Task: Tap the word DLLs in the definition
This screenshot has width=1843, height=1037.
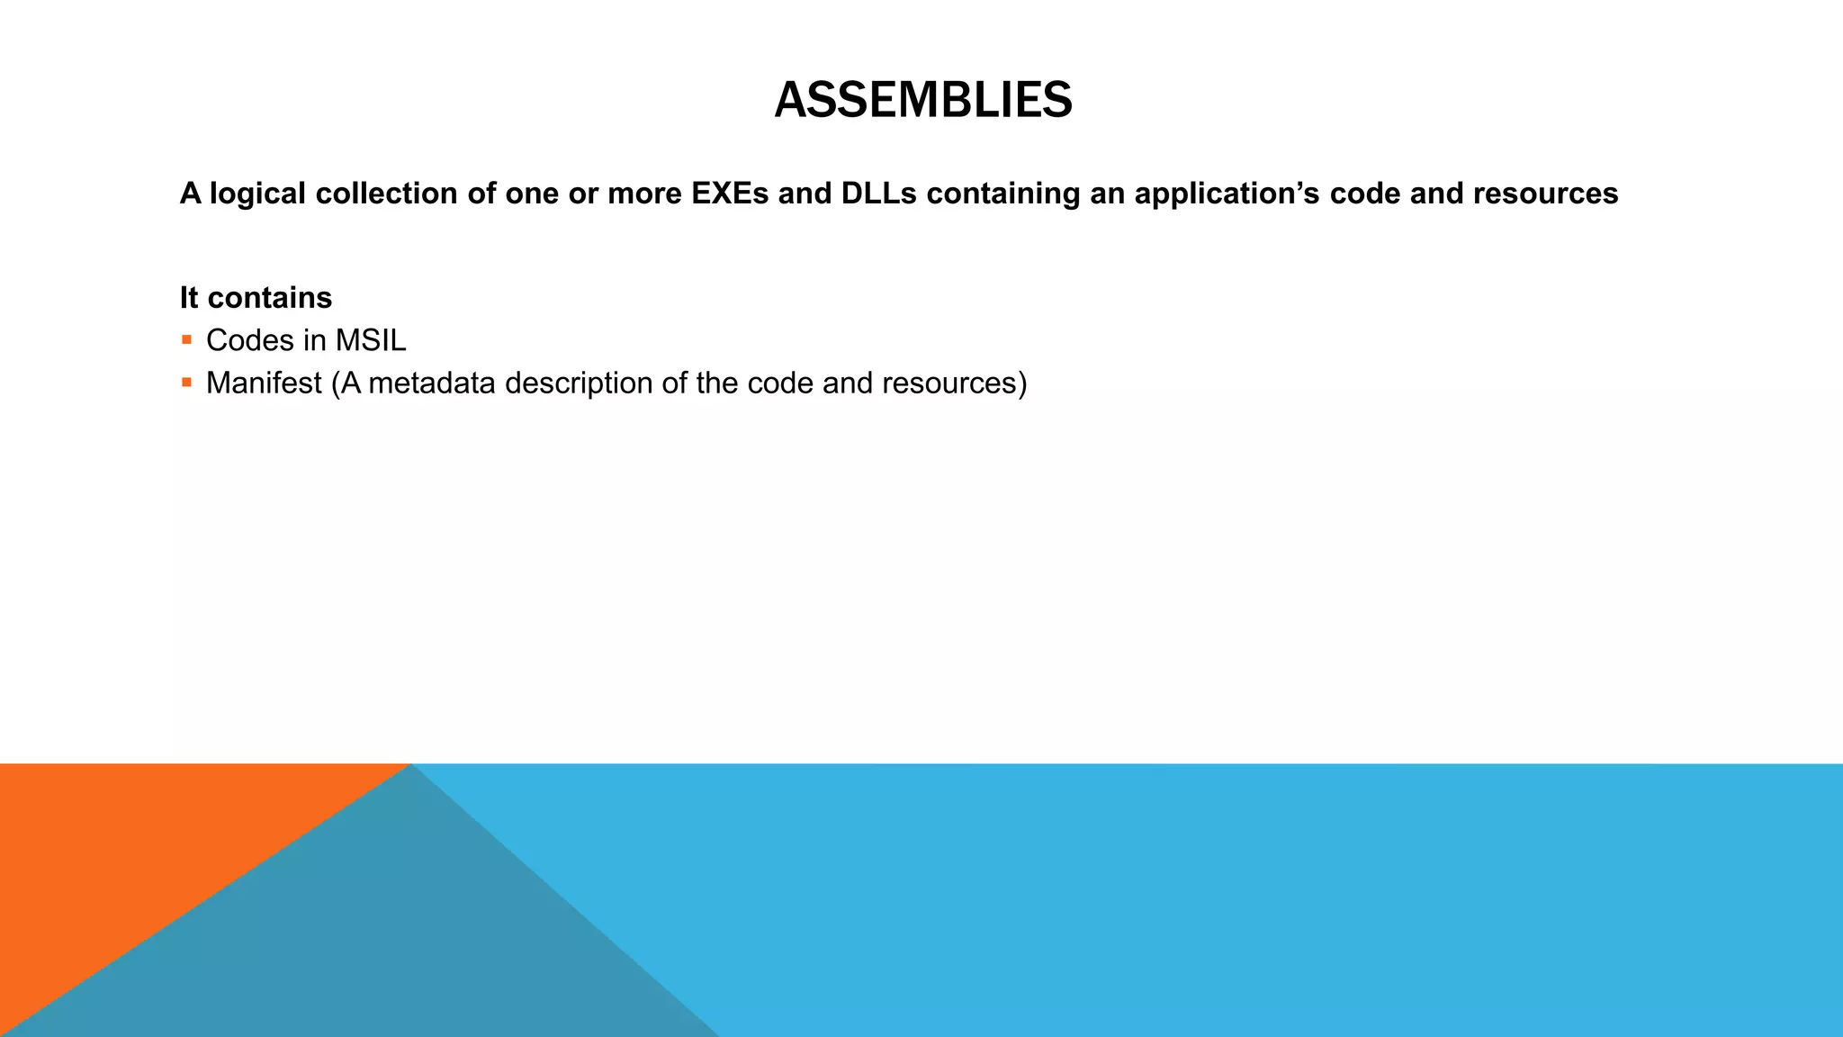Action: [878, 194]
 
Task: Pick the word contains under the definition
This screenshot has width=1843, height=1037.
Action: [269, 298]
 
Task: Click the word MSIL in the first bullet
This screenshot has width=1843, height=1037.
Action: [370, 340]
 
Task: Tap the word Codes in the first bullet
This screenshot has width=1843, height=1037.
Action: [250, 340]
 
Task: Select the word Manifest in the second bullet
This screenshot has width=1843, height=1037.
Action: [264, 383]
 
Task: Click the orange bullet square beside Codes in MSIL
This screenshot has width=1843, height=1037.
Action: [187, 340]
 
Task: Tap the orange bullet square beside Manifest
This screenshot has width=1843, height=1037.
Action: [187, 383]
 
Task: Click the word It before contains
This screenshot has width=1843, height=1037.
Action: [189, 298]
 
